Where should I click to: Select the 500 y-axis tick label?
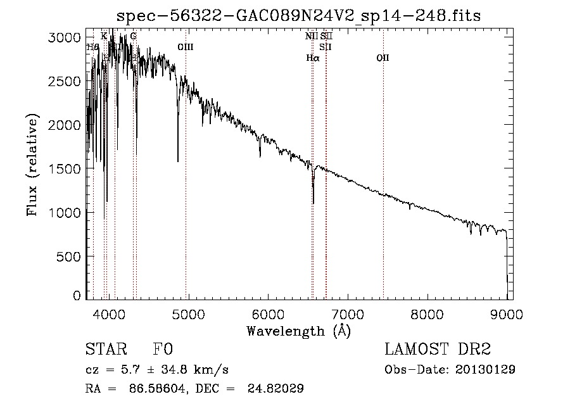click(x=71, y=256)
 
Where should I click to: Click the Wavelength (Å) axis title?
click(x=298, y=331)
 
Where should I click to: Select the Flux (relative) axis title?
click(x=32, y=165)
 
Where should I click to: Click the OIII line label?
click(x=186, y=47)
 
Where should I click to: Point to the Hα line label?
click(x=313, y=58)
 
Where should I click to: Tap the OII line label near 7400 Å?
click(x=383, y=58)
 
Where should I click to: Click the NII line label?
click(x=311, y=36)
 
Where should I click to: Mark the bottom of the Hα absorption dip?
click(x=313, y=203)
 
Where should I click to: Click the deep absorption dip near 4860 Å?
click(x=178, y=161)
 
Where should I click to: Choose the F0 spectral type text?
click(x=163, y=350)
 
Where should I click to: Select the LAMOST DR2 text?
click(x=438, y=350)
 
